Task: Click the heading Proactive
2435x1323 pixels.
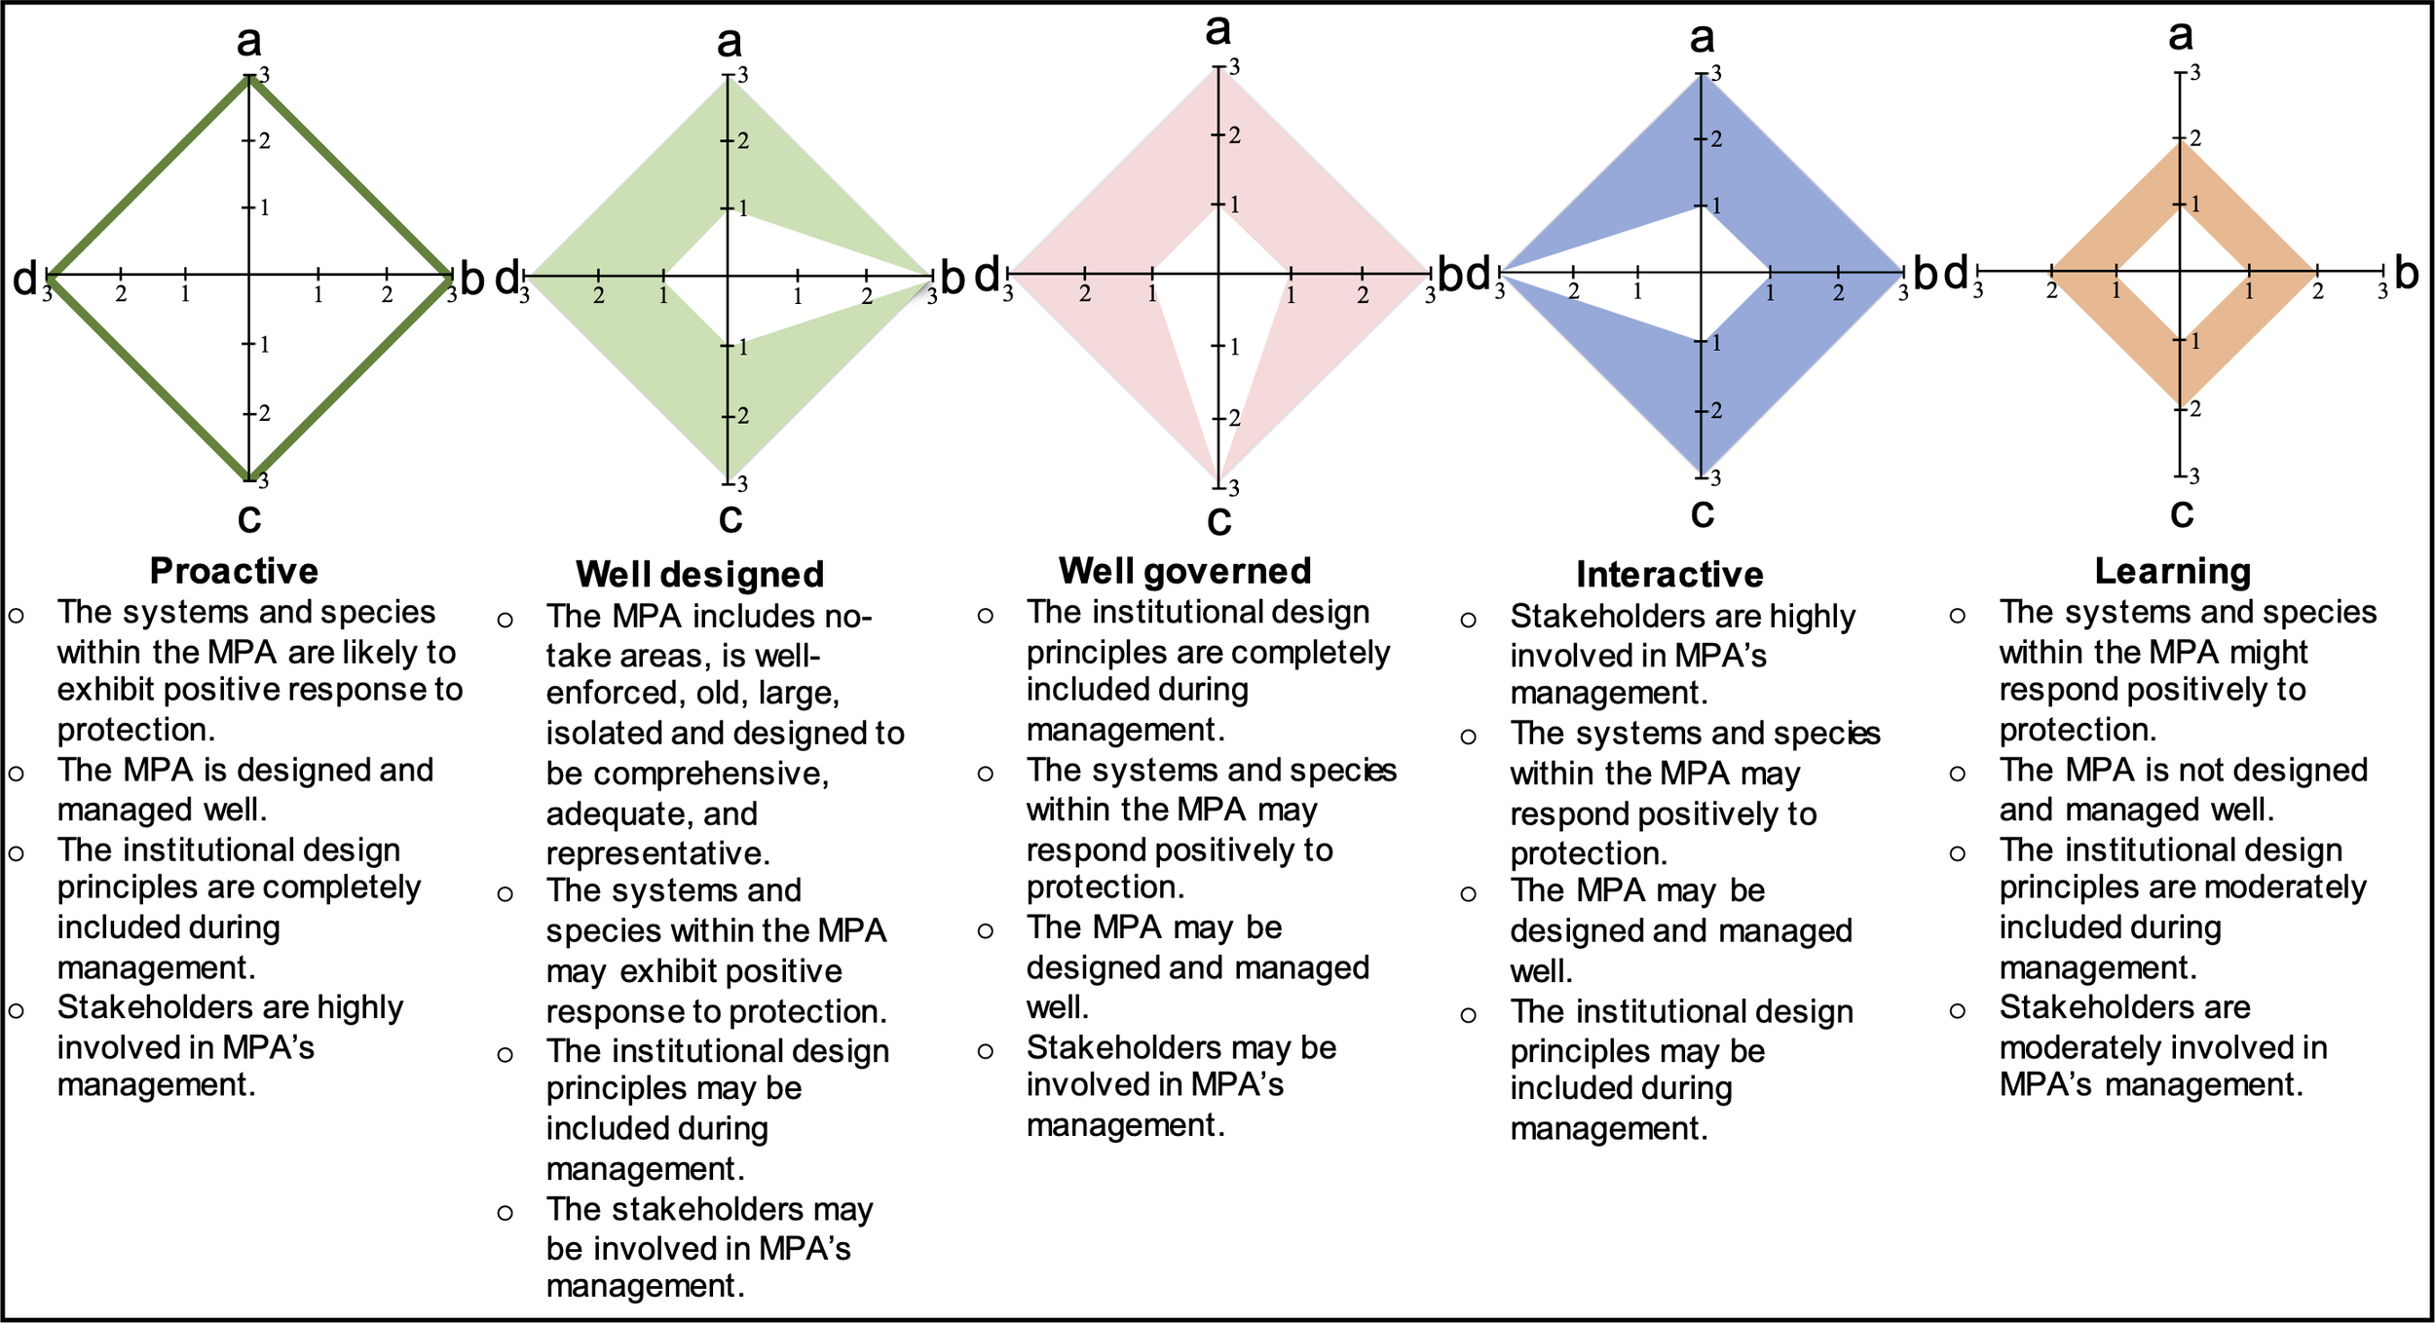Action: tap(234, 571)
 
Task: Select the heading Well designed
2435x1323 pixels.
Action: tap(699, 575)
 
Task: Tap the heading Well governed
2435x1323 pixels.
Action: tap(1184, 571)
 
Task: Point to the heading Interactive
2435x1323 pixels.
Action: tap(1669, 575)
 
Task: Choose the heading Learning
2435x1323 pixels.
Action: tap(2172, 571)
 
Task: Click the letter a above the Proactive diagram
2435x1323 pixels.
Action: tap(249, 41)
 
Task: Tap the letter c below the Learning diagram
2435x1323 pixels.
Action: tap(2182, 512)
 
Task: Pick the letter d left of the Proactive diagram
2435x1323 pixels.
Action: tap(24, 279)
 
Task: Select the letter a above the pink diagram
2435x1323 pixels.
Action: tap(1217, 29)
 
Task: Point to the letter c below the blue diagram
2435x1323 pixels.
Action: tap(1702, 512)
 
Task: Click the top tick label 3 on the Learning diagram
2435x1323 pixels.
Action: tap(2194, 73)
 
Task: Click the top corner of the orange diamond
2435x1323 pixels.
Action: tap(2180, 140)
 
